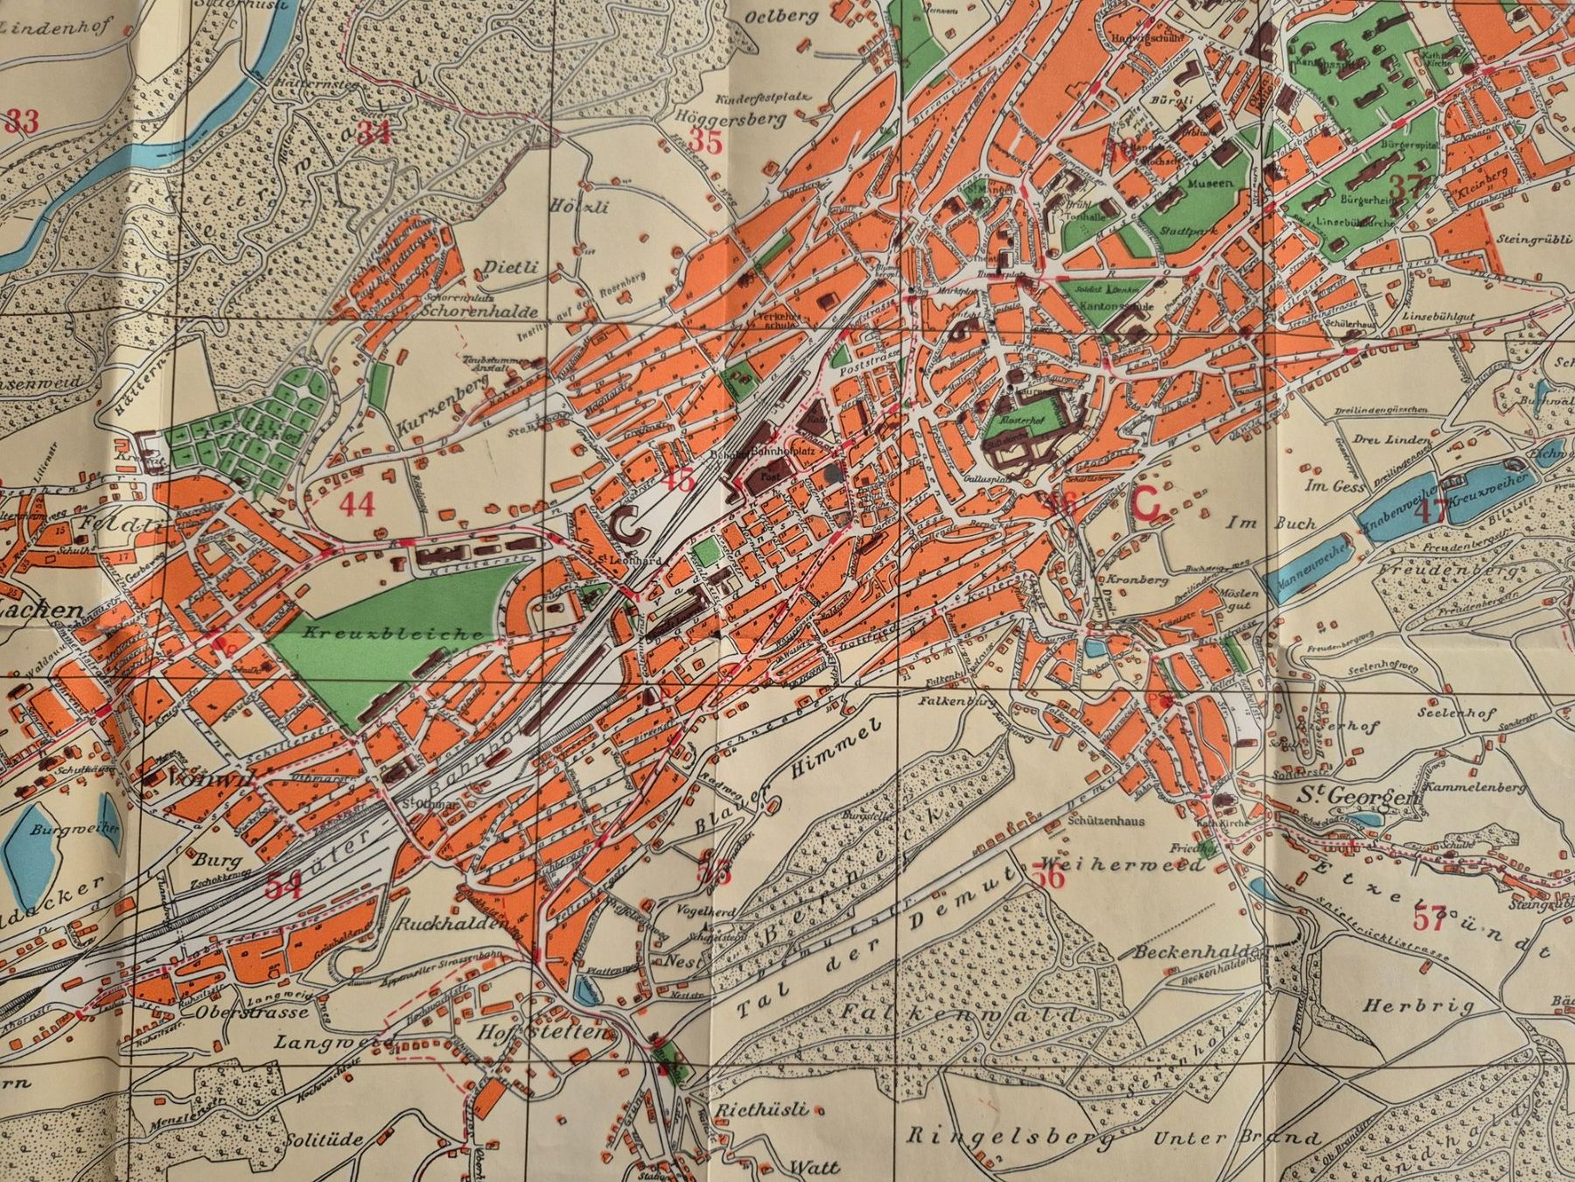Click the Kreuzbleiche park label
pos(395,632)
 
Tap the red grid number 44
pos(356,504)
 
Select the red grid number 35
pos(705,140)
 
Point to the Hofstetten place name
pos(540,1034)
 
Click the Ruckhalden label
pos(443,924)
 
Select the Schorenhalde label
pos(464,309)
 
